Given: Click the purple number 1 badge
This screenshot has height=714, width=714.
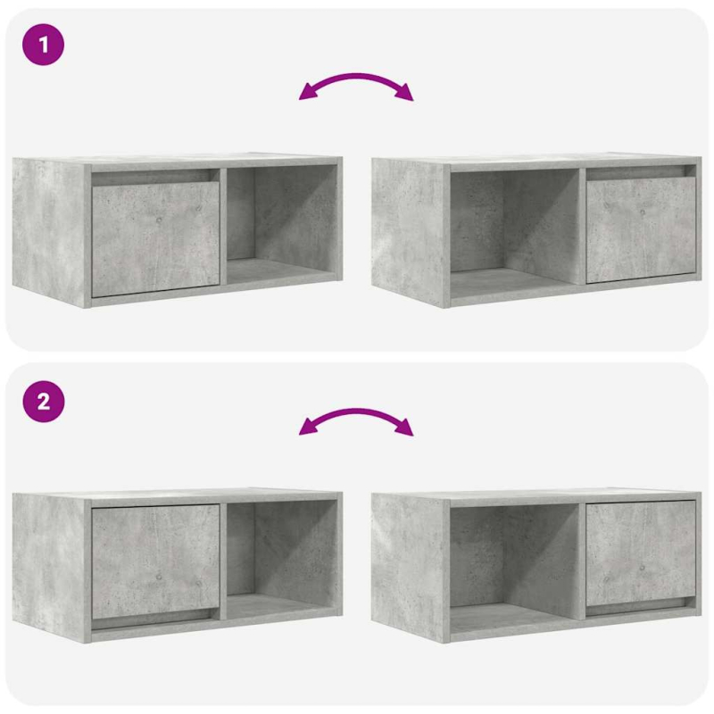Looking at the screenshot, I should click(x=43, y=45).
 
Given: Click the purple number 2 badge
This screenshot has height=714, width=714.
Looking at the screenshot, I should click(x=43, y=403).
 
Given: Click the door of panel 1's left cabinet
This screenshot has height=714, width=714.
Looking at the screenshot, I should click(x=155, y=239).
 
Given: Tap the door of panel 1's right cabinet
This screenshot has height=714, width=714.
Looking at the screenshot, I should click(x=640, y=229).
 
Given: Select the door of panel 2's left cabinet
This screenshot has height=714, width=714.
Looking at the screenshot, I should click(x=155, y=560).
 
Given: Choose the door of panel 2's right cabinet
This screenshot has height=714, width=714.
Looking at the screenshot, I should click(x=640, y=551).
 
